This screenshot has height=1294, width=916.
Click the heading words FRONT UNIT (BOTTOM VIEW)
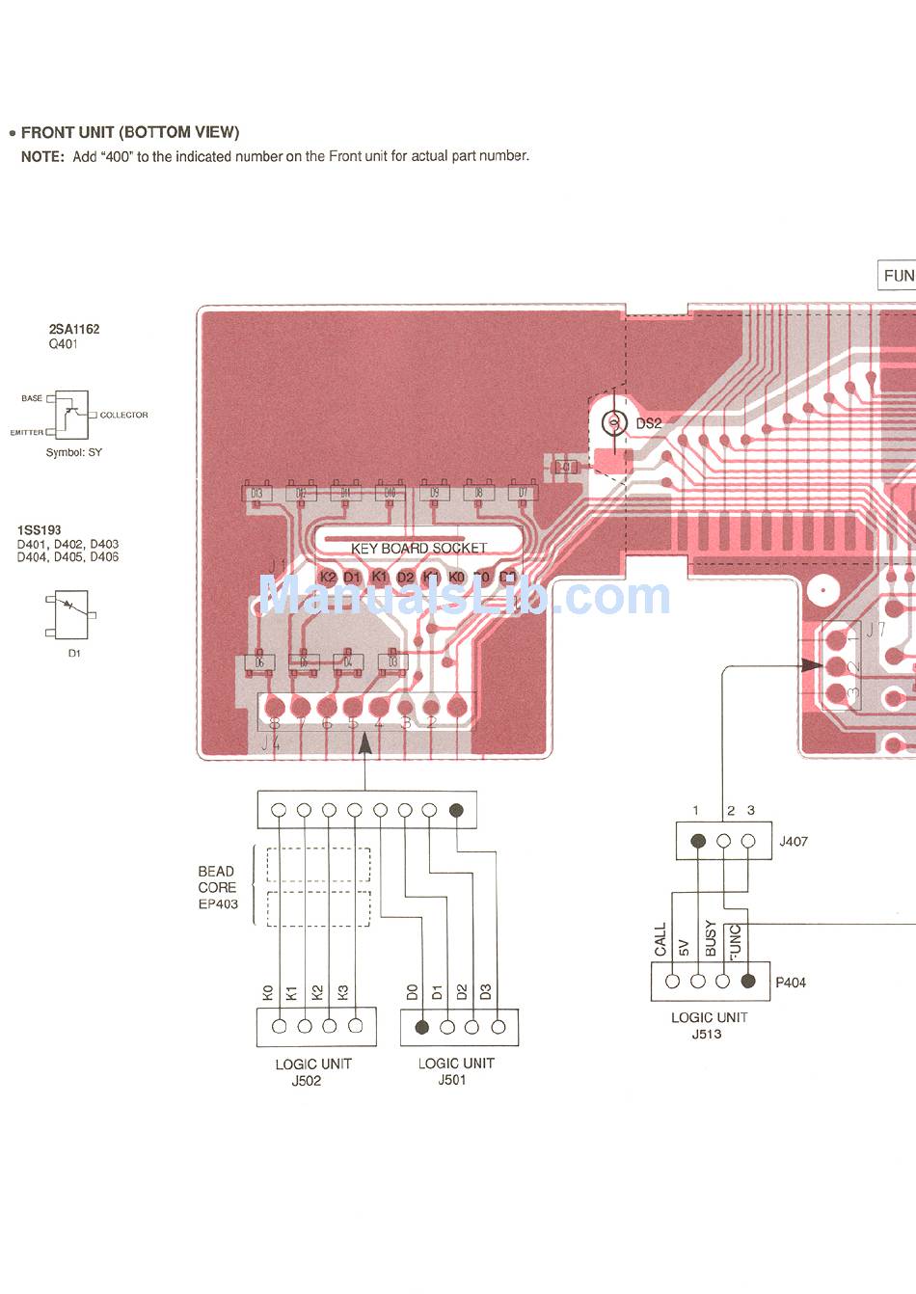click(x=130, y=132)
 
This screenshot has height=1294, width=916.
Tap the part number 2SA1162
click(x=74, y=329)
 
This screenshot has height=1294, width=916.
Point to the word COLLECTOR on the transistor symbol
click(x=124, y=415)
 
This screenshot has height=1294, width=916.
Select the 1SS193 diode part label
click(x=40, y=530)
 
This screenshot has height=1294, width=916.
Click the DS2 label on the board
click(x=649, y=423)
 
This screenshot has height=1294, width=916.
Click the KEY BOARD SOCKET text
click(x=418, y=548)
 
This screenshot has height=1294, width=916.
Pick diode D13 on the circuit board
click(x=256, y=494)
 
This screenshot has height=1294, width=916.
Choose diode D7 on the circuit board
click(x=523, y=494)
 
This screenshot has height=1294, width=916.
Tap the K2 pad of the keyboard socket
click(x=328, y=577)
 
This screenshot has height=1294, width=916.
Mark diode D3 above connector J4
click(x=392, y=662)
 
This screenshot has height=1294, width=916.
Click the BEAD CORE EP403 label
click(x=218, y=887)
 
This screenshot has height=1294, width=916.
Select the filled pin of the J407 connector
click(x=699, y=841)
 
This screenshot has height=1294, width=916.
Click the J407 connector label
click(x=794, y=841)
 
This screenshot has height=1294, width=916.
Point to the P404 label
click(x=791, y=983)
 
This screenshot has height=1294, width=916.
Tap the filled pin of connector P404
click(x=747, y=982)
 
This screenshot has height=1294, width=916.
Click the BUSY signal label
click(x=712, y=938)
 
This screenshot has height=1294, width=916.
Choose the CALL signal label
click(x=660, y=940)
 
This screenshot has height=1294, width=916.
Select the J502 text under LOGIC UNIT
click(x=307, y=1081)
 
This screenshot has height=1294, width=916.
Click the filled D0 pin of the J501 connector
click(x=421, y=1027)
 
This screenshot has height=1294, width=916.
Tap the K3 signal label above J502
click(x=342, y=992)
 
